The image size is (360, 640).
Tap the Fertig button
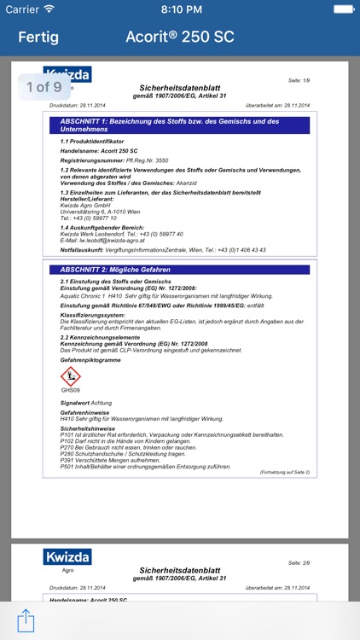(x=38, y=38)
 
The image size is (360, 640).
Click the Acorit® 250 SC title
(x=179, y=38)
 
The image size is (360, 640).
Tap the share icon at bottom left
(x=26, y=619)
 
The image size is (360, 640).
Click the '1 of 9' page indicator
(x=44, y=86)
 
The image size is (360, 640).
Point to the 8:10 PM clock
(x=180, y=9)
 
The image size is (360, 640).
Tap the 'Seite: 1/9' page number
(x=300, y=80)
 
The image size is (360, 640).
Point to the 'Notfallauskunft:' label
(x=84, y=250)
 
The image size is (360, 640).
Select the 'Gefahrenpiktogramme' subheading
(x=90, y=360)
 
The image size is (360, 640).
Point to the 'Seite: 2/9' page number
(x=300, y=563)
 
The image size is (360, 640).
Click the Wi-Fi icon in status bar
(x=49, y=9)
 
